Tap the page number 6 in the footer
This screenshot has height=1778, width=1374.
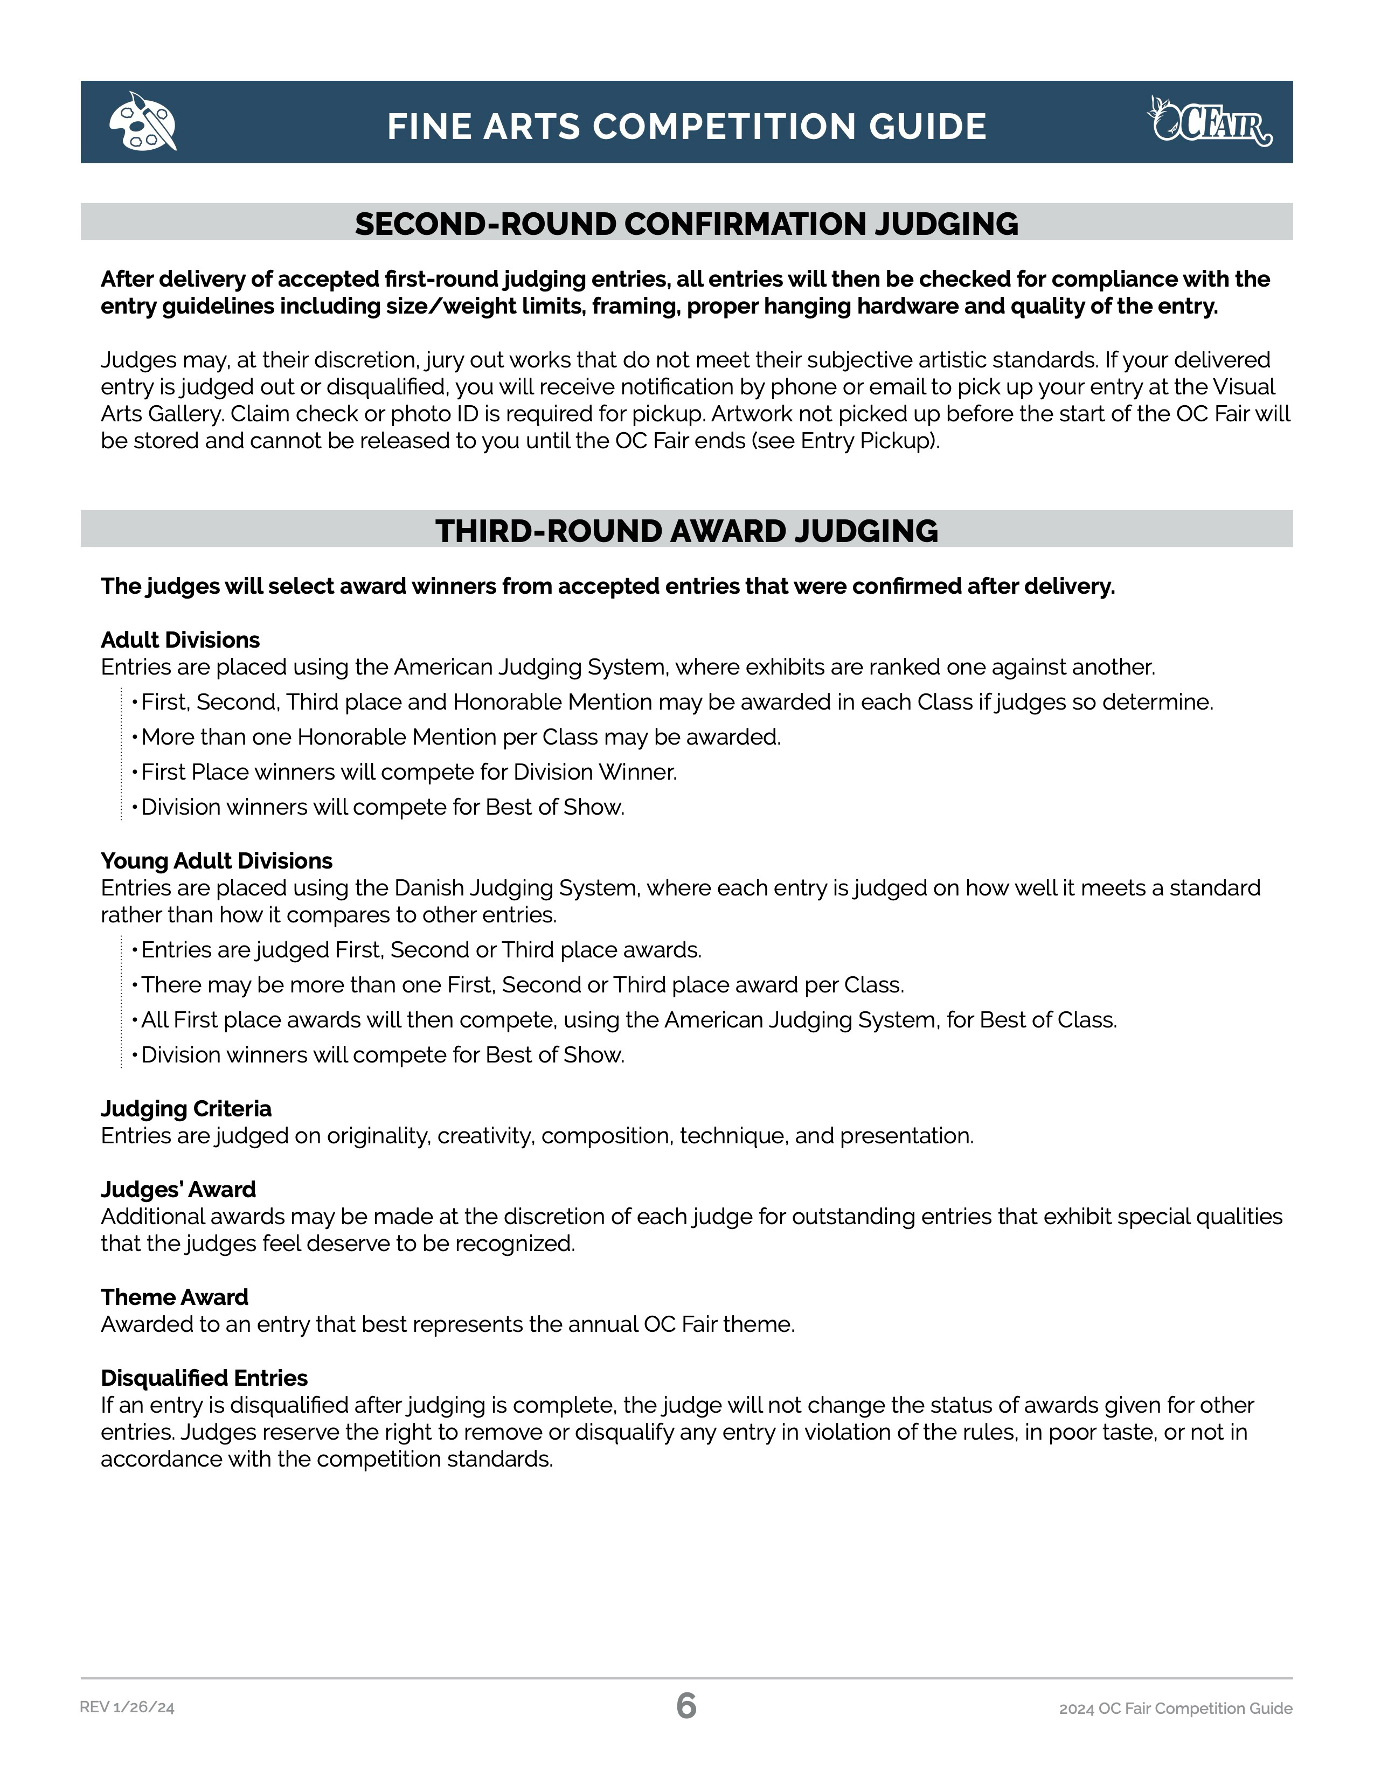tap(686, 1706)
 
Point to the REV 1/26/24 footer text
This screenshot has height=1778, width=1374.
tap(127, 1708)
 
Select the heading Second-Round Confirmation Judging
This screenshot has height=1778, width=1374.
tap(686, 224)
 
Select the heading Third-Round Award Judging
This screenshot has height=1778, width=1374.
tap(686, 531)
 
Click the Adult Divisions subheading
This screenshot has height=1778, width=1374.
tap(180, 640)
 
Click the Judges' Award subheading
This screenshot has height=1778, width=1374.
tap(178, 1190)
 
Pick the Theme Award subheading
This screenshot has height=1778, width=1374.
tap(174, 1297)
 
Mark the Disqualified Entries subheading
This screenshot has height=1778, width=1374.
tap(204, 1378)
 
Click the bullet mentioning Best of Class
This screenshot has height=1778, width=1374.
tap(628, 1020)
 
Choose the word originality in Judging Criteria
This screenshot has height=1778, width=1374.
tap(378, 1136)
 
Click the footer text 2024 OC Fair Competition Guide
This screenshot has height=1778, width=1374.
tap(1175, 1708)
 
